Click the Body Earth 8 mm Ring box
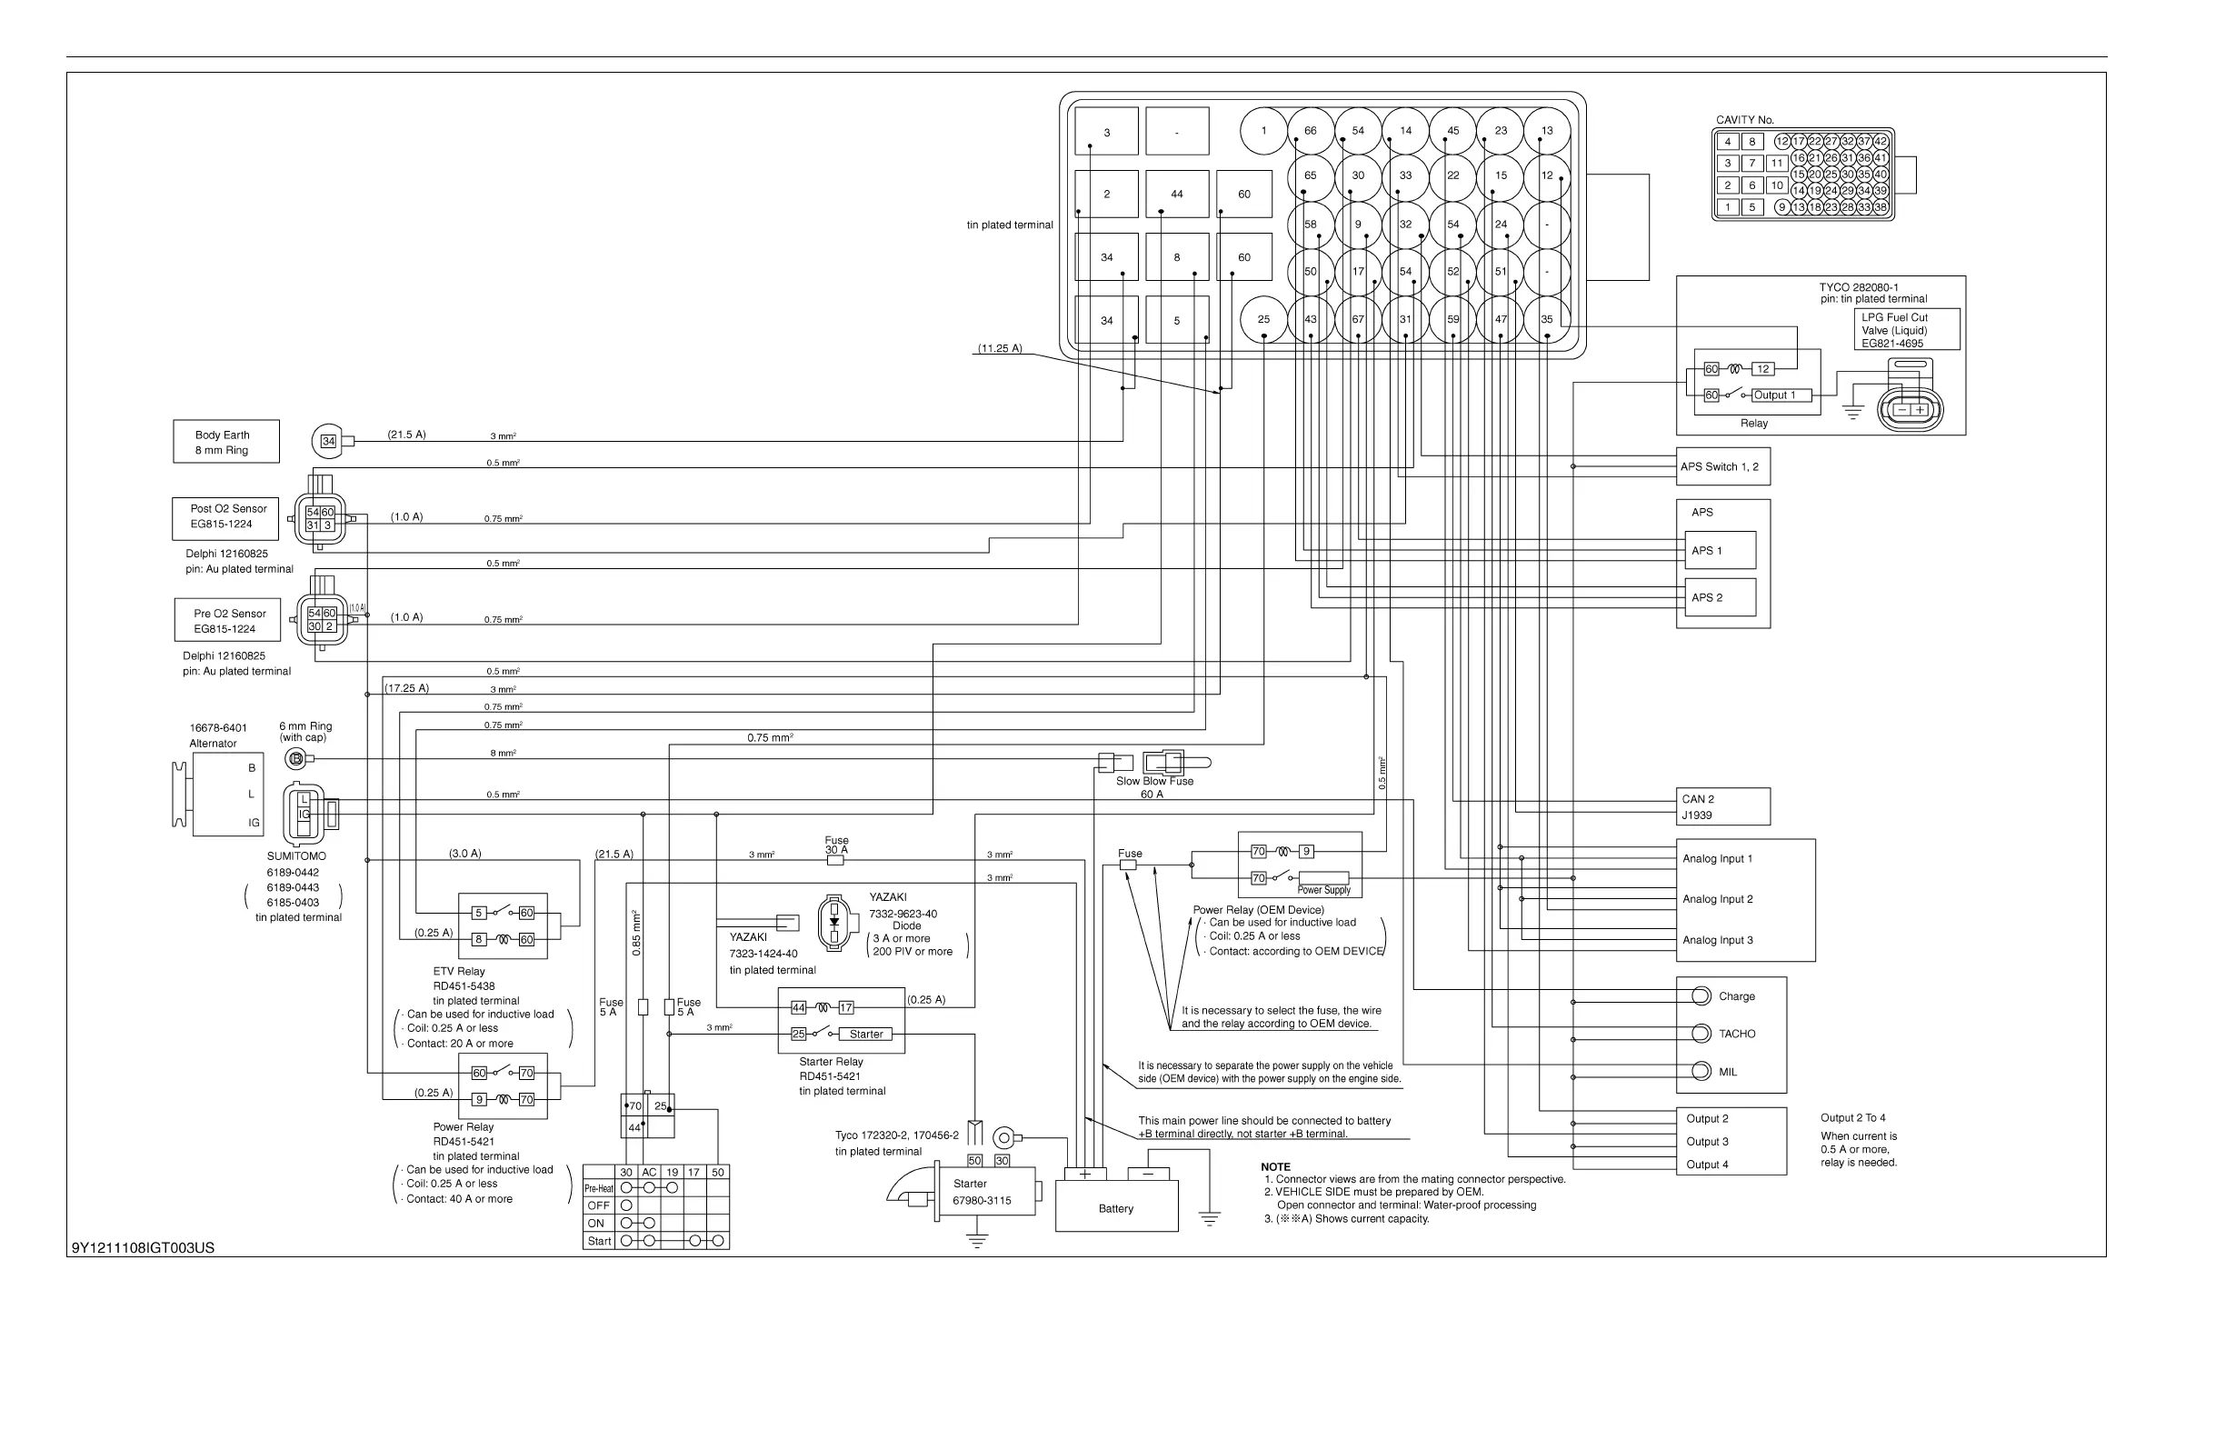point(225,441)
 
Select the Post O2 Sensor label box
point(225,518)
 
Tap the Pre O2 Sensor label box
point(227,621)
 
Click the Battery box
point(1115,1207)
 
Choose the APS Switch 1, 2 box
point(1722,466)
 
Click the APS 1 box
point(1720,551)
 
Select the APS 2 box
point(1720,597)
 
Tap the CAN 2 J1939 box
point(1722,807)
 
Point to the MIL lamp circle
point(1701,1072)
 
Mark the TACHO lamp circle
point(1701,1034)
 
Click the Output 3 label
point(1707,1142)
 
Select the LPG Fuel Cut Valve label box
point(1906,330)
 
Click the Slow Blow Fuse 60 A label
point(1154,787)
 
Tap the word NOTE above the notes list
point(1275,1167)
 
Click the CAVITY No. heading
point(1744,120)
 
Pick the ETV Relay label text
point(459,972)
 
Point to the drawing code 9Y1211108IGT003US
point(143,1248)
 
